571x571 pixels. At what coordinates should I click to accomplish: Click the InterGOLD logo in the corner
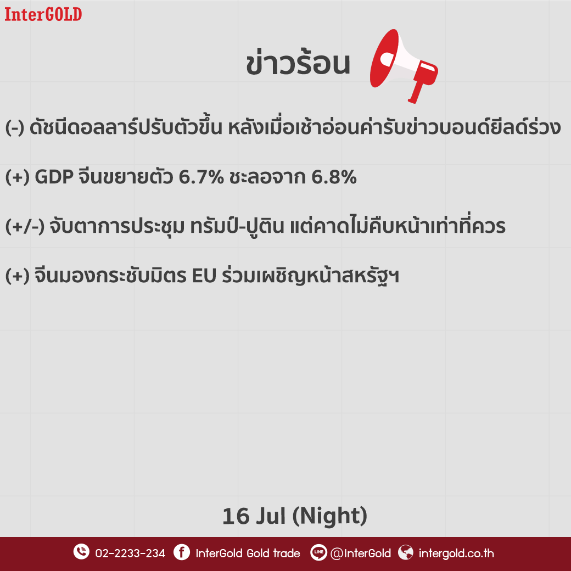[x=43, y=14]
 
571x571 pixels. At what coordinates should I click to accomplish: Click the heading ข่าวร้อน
[x=298, y=63]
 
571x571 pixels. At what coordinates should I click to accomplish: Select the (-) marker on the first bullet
[x=15, y=127]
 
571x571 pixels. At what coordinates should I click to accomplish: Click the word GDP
[x=54, y=177]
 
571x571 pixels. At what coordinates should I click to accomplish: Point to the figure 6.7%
[x=201, y=177]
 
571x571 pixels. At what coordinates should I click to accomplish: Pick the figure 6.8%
[x=334, y=177]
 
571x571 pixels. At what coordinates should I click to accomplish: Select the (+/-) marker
[x=25, y=226]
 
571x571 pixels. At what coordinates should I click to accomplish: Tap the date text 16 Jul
[x=254, y=516]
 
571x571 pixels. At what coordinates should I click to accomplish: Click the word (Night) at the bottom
[x=329, y=516]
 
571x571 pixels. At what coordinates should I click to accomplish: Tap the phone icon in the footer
[x=81, y=552]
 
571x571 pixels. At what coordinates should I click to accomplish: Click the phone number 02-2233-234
[x=130, y=553]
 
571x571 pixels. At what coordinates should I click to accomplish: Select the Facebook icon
[x=182, y=552]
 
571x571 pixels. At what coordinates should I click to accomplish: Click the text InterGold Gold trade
[x=248, y=553]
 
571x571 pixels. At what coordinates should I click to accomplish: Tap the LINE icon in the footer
[x=318, y=552]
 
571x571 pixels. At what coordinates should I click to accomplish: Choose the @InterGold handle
[x=361, y=553]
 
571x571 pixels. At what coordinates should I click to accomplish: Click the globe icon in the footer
[x=405, y=552]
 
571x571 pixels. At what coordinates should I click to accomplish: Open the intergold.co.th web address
[x=456, y=553]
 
